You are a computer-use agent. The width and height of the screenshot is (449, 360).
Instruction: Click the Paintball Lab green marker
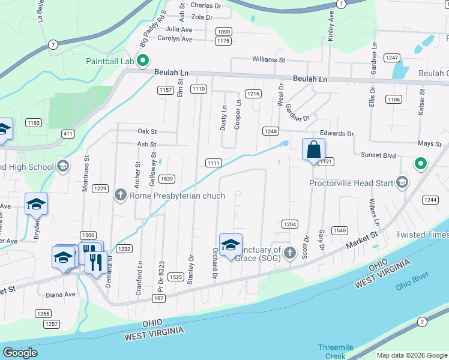pos(143,60)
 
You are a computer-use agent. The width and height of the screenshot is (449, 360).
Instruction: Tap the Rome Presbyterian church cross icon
pos(120,195)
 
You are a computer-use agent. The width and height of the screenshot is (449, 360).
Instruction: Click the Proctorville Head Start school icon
pos(402,182)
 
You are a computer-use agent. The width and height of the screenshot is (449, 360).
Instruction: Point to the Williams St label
pos(268,60)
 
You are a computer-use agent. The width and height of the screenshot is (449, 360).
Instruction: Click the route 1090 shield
pos(223,32)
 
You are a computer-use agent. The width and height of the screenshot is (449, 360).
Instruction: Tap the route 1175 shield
pos(223,41)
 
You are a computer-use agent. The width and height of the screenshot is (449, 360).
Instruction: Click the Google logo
pos(20,353)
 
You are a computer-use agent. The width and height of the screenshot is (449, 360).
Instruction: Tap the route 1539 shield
pos(167,179)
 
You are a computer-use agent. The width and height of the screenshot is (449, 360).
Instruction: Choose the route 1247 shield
pos(392,58)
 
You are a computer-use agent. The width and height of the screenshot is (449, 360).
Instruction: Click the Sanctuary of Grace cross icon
pos(289,252)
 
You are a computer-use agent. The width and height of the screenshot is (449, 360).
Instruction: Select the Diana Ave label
pos(61,295)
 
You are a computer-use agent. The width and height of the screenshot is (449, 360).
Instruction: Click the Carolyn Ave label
pos(175,39)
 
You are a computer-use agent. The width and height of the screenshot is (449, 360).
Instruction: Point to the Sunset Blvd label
pos(378,155)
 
